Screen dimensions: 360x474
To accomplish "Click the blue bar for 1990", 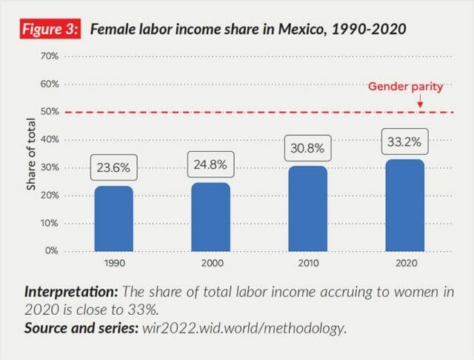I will tap(113, 219).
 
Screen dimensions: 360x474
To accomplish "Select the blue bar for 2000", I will tap(210, 217).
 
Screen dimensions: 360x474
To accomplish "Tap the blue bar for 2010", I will tap(308, 208).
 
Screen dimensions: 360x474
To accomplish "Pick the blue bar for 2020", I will tap(405, 205).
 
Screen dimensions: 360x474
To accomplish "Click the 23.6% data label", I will tap(113, 167).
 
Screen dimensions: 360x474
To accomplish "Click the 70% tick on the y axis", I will tap(50, 56).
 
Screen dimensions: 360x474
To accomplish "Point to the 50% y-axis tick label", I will tap(50, 111).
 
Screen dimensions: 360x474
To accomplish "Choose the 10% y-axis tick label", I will tap(50, 223).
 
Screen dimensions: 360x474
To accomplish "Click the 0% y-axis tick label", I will tap(52, 250).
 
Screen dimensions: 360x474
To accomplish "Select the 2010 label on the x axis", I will tap(308, 262).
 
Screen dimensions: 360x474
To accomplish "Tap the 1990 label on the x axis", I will tap(113, 262).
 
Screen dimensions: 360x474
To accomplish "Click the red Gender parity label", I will tap(406, 87).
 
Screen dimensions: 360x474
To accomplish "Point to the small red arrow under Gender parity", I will tap(420, 103).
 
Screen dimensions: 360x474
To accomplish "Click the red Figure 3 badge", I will tap(51, 30).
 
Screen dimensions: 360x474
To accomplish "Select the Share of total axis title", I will tap(32, 153).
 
